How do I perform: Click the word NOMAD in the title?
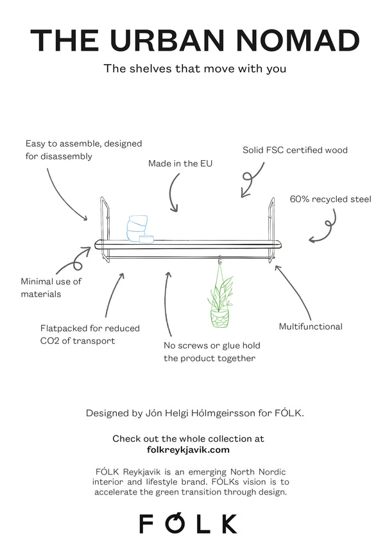298,40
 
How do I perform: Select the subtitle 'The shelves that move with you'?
195,69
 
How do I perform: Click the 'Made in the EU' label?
180,163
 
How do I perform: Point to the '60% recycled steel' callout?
330,199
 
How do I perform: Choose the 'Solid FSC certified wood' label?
295,150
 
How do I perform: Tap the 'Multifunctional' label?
311,327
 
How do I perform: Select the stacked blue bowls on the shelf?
137,228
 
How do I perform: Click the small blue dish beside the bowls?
146,239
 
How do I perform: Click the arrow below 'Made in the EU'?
173,192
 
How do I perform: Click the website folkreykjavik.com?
188,450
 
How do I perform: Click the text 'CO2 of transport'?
78,341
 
